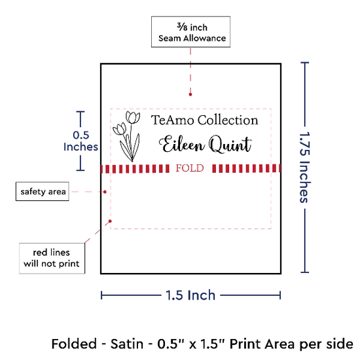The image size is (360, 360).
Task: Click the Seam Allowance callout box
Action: coord(190,32)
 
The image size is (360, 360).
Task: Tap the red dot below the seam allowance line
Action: coord(190,94)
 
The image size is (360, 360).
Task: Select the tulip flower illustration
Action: coord(126,136)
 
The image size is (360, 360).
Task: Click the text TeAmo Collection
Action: coord(204,120)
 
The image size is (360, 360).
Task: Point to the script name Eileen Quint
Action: coord(206,145)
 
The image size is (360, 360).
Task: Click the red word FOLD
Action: coord(190,168)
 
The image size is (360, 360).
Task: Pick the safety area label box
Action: coord(43,192)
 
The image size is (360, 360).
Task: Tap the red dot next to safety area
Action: coord(105,192)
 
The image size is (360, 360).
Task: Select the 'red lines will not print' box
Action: coord(52,259)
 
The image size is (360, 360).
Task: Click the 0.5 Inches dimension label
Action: coord(81,141)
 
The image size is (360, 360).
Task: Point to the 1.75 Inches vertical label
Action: coord(305,168)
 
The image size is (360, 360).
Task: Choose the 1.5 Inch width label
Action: coord(190,295)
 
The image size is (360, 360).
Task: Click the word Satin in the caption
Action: coord(127,344)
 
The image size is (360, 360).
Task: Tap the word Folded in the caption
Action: coord(74,344)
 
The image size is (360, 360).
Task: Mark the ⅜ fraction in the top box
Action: coord(182,27)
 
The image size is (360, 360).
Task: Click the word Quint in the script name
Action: coord(230,145)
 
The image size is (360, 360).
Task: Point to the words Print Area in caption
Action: coord(262,344)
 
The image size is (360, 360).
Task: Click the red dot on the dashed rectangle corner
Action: coord(110,221)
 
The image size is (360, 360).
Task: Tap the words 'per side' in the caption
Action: coord(325,344)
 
